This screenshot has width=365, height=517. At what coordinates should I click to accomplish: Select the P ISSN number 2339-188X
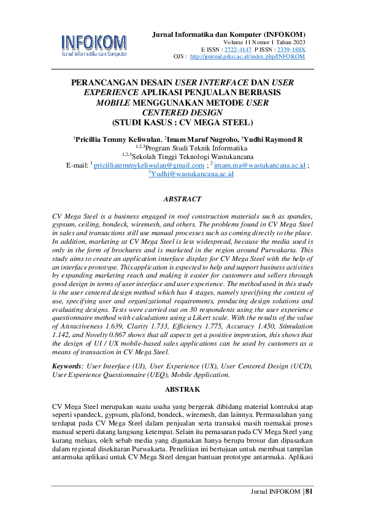pyautogui.click(x=288, y=49)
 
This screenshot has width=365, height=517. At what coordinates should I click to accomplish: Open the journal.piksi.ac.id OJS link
pyautogui.click(x=247, y=56)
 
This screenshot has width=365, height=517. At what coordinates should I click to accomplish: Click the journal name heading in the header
pyautogui.click(x=228, y=33)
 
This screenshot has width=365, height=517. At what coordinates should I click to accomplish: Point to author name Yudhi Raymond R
pyautogui.click(x=273, y=139)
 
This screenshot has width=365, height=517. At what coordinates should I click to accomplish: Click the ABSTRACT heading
pyautogui.click(x=182, y=200)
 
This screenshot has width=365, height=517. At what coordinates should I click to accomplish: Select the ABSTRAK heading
pyautogui.click(x=182, y=389)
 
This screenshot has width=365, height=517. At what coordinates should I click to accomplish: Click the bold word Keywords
pyautogui.click(x=66, y=366)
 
